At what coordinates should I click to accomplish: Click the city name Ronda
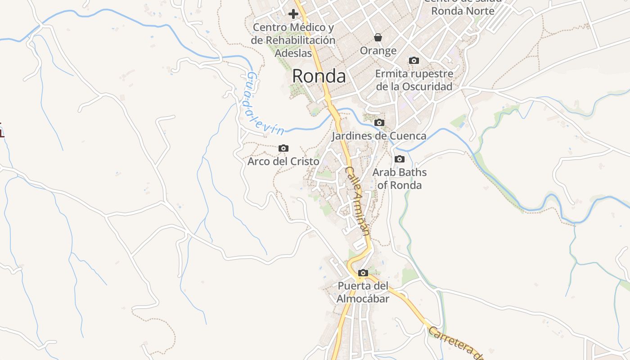319,76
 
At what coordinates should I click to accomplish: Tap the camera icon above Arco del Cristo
283,148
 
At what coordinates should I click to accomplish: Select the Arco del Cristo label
283,161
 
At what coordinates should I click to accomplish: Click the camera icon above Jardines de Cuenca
379,122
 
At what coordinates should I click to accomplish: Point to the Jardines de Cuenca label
379,135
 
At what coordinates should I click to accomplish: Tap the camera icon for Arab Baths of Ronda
399,159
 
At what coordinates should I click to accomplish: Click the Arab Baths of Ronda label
399,179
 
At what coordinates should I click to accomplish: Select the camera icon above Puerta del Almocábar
363,273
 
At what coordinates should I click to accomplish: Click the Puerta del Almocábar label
363,292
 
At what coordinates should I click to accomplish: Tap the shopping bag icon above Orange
378,37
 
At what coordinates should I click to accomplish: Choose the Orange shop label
378,51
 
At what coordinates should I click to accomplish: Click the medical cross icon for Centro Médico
293,14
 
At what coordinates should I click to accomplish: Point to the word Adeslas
293,53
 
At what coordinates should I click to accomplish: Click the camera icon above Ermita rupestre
414,60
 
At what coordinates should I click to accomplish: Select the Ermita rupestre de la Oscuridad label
414,80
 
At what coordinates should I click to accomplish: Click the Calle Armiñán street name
358,201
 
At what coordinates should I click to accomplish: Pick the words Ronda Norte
463,11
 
